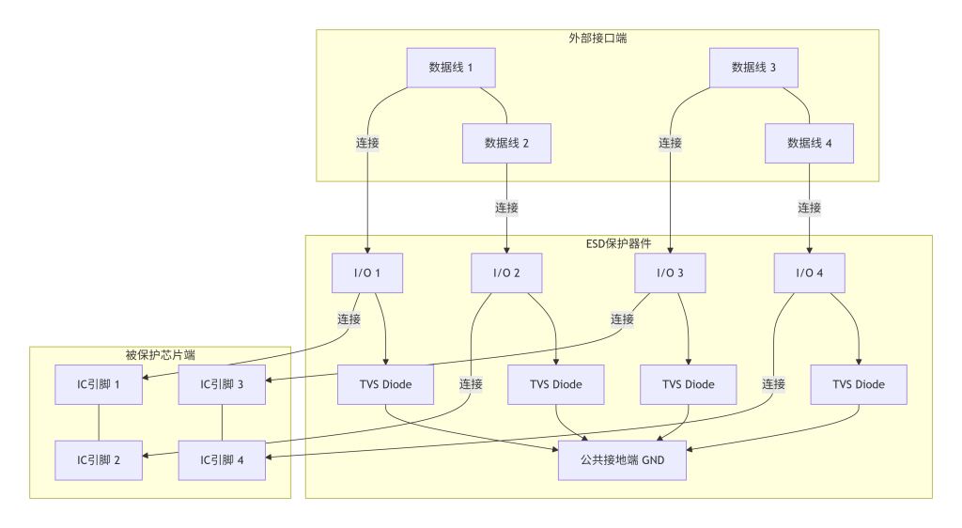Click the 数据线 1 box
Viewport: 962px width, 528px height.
(x=451, y=67)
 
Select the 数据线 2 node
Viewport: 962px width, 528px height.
(x=506, y=143)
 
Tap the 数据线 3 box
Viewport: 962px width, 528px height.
(x=754, y=67)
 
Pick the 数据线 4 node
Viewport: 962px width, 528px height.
(x=810, y=143)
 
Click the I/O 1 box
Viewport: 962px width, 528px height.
(x=367, y=272)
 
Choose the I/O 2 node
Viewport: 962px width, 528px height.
(x=506, y=272)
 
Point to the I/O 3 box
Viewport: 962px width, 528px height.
(x=670, y=272)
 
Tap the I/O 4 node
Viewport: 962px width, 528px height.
(x=809, y=272)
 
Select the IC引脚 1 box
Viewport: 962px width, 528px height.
(x=99, y=383)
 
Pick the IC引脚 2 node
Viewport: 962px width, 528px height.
(x=99, y=459)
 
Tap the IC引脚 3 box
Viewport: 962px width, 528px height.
(x=223, y=383)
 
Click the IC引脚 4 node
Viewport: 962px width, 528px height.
(x=223, y=459)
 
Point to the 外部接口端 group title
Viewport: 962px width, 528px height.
(x=597, y=39)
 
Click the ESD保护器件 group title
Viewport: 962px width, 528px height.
(x=618, y=243)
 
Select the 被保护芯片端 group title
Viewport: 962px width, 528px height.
(x=160, y=355)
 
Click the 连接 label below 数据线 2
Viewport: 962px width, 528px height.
(x=506, y=208)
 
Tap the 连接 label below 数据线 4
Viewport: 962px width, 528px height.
(x=809, y=208)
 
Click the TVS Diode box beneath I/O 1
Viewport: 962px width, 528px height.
(x=385, y=383)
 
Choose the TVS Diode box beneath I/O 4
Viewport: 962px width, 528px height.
(x=859, y=383)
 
